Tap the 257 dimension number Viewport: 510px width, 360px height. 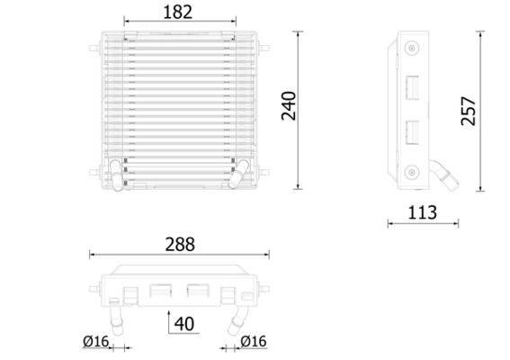tap(468, 111)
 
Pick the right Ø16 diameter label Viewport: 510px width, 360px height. tap(255, 342)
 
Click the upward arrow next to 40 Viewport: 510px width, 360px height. tap(170, 319)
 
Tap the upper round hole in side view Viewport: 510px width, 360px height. tap(411, 49)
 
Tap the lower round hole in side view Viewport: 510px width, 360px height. tap(411, 171)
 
